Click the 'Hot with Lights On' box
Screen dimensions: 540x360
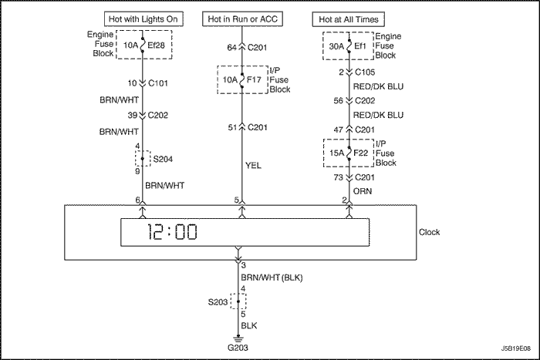[x=143, y=19]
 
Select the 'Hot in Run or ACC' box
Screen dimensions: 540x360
[x=242, y=19]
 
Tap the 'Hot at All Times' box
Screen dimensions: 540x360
[x=348, y=19]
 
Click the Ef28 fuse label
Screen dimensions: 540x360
[x=157, y=45]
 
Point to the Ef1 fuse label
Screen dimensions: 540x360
[x=360, y=46]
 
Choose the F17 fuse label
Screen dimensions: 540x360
[x=254, y=80]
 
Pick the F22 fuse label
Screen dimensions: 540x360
[x=361, y=153]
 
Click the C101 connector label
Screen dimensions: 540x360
[x=157, y=83]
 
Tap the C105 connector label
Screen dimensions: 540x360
[x=365, y=72]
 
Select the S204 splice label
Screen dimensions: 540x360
[x=163, y=160]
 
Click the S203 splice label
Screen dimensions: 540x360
[x=218, y=302]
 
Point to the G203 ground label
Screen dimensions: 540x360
[x=238, y=348]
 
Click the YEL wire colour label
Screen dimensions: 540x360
[x=254, y=166]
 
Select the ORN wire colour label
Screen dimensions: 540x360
[x=363, y=191]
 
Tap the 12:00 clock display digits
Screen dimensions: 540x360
[x=172, y=232]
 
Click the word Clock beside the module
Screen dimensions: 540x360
[x=429, y=232]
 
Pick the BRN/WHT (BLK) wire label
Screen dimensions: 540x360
[x=272, y=278]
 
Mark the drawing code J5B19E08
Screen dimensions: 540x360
[x=516, y=348]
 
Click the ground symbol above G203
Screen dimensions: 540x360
[x=238, y=339]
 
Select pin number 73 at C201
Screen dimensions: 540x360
[x=338, y=177]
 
